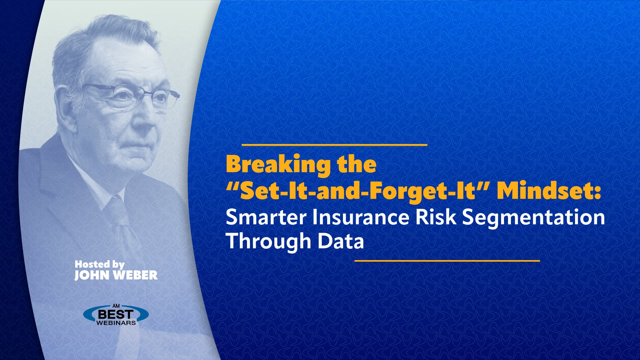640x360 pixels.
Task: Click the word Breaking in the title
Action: tap(278, 164)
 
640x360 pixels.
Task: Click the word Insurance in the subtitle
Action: tap(361, 217)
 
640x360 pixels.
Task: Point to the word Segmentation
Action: tap(533, 217)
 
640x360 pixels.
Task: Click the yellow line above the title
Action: tap(334, 145)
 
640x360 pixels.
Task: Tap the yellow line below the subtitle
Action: tap(447, 261)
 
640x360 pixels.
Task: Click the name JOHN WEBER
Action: tap(116, 275)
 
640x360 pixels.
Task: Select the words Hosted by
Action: tap(99, 264)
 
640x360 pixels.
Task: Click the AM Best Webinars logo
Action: tap(116, 315)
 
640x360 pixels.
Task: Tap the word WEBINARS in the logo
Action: tap(116, 323)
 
